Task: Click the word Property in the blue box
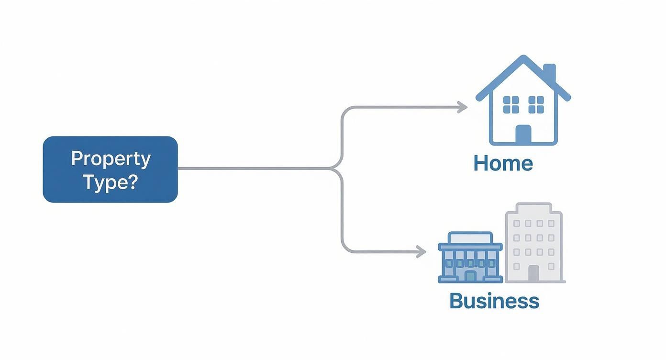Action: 111,159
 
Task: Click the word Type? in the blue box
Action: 111,182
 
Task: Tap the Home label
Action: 503,163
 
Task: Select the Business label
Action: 494,301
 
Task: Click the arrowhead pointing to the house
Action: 462,107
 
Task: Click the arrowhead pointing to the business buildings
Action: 421,252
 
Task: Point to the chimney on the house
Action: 549,73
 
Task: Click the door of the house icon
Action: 523,134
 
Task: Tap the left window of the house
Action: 511,105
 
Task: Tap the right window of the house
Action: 536,105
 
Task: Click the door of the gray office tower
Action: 533,273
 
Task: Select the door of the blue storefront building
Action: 470,276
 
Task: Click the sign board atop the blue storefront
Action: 470,238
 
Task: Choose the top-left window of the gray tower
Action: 516,224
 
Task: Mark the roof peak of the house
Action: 523,57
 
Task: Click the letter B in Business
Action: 457,301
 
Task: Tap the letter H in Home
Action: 480,163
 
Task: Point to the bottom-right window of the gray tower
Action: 551,266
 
